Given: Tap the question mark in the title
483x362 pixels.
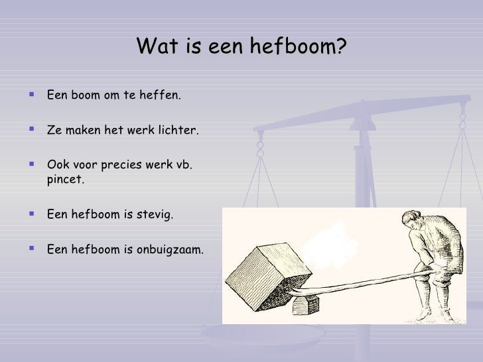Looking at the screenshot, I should (x=342, y=47).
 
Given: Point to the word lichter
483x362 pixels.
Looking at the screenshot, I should (x=176, y=130).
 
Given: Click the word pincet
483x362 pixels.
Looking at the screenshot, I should (x=66, y=178).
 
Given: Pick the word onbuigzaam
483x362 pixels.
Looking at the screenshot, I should (x=171, y=249).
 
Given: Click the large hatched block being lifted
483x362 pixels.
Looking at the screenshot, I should (x=268, y=268).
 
